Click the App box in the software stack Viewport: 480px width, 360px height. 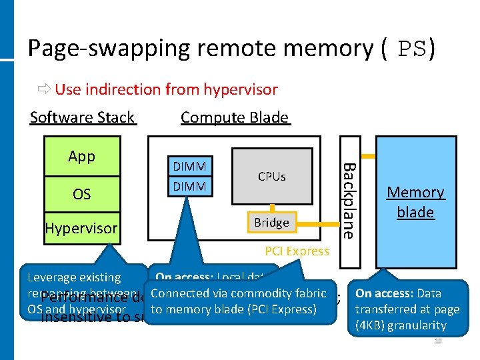(82, 157)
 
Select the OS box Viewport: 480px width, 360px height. (82, 194)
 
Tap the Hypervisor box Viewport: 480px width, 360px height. (81, 229)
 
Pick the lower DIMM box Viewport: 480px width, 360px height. (189, 187)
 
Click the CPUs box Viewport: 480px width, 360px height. (271, 177)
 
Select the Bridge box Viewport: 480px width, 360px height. (271, 222)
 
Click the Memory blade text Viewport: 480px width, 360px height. (415, 202)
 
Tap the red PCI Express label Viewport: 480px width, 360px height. (297, 251)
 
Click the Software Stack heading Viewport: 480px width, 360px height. (83, 117)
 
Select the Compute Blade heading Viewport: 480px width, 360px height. (235, 117)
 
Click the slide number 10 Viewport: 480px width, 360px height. (438, 341)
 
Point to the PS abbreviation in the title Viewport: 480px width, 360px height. (413, 49)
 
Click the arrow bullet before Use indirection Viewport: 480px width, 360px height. (45, 89)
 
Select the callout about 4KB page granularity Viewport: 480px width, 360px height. (407, 309)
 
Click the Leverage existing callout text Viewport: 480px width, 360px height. (73, 277)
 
